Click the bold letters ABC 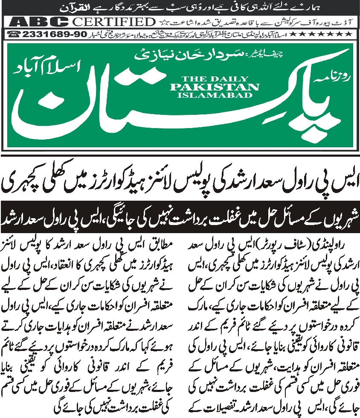point(40,22)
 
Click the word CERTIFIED point(113,22)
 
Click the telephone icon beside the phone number point(16,34)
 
